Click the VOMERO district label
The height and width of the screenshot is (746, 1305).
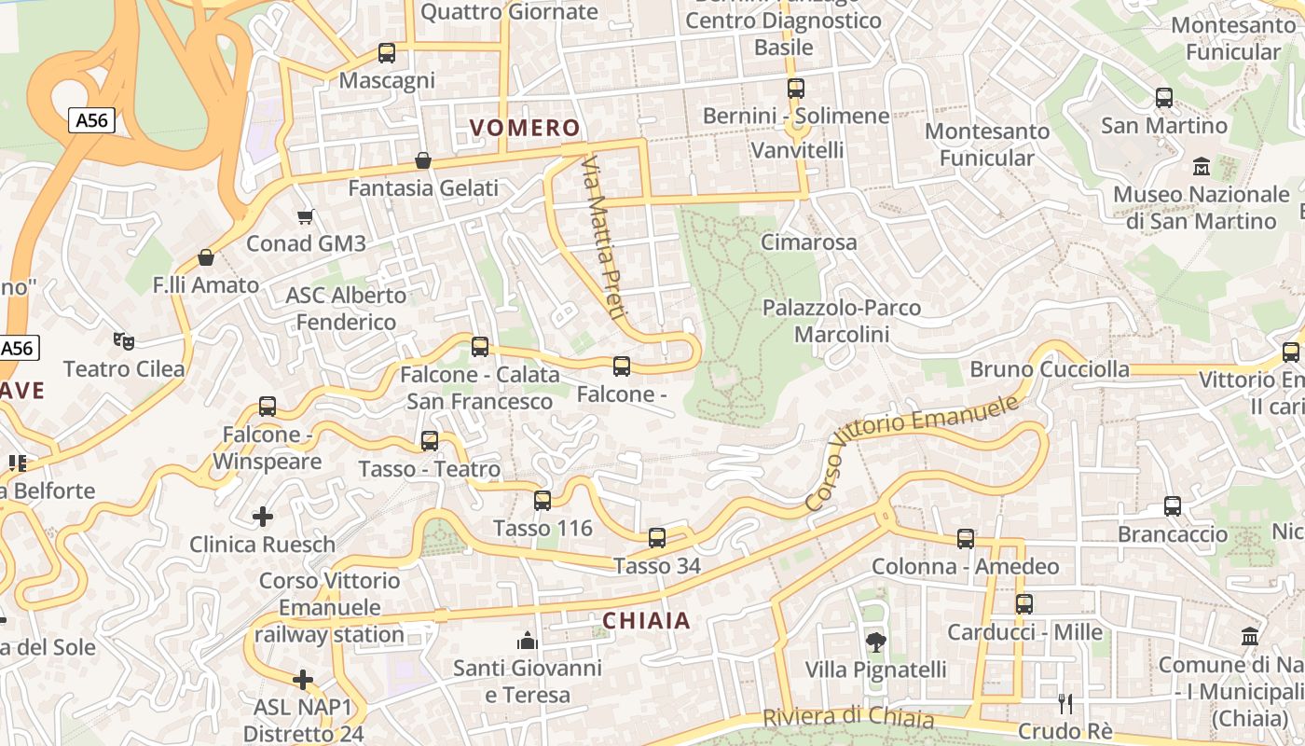(x=525, y=128)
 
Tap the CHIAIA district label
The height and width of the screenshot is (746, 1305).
(x=646, y=621)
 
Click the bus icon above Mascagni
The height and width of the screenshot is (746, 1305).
(x=387, y=53)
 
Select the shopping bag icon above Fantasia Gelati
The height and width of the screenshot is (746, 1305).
(x=423, y=160)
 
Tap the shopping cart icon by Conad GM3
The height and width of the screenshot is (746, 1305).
(x=305, y=217)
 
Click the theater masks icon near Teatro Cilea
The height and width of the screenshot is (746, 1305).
(x=123, y=341)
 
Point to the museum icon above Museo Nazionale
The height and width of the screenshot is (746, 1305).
(x=1202, y=167)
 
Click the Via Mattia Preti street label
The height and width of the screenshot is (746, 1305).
(x=602, y=239)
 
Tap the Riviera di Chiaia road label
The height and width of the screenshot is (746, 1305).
(x=848, y=718)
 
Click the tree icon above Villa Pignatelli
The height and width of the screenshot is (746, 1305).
(x=875, y=642)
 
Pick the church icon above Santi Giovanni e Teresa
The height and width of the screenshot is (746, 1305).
(x=528, y=641)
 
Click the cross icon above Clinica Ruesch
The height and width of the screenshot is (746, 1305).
(x=263, y=516)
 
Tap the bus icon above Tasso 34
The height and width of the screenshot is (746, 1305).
(x=657, y=537)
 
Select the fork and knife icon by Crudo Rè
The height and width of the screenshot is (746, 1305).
(x=1065, y=703)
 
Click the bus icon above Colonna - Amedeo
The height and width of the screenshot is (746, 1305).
(x=966, y=539)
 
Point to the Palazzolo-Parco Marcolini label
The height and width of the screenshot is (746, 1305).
(x=841, y=321)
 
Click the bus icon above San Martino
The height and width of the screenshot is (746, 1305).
(x=1164, y=97)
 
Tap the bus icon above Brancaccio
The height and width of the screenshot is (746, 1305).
(x=1173, y=506)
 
